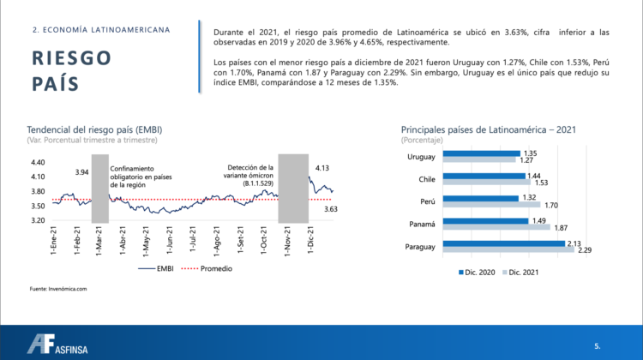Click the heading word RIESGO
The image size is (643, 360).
[71, 57]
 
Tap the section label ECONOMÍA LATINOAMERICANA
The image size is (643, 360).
[100, 29]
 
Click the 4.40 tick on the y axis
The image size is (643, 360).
[38, 162]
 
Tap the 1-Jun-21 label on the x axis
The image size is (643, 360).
[174, 237]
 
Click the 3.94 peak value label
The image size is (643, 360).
[82, 171]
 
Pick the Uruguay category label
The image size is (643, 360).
[419, 156]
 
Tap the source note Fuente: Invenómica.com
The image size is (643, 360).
[58, 289]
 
